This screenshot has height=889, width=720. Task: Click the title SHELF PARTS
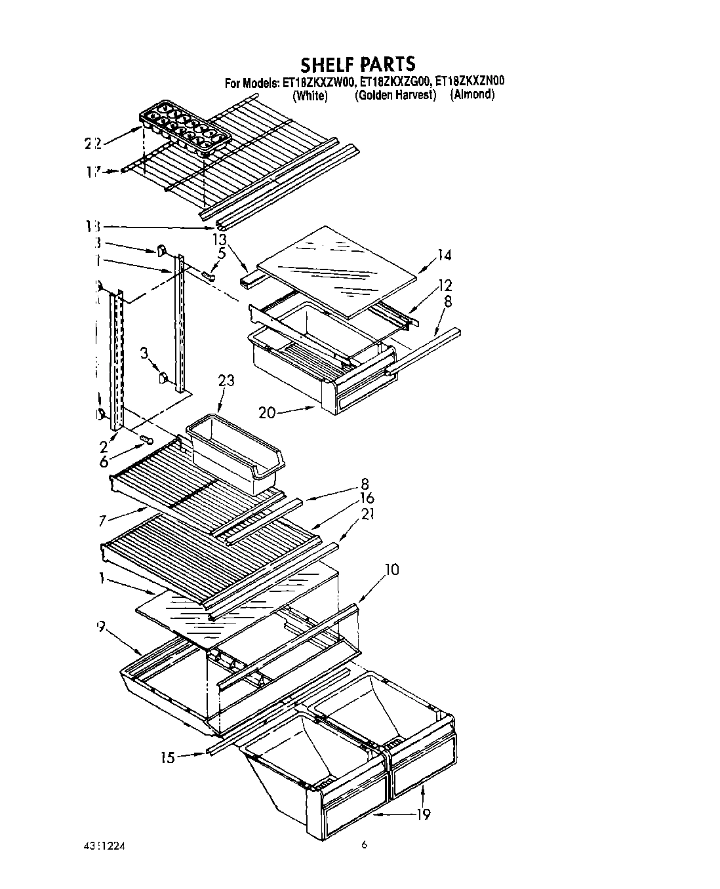point(358,64)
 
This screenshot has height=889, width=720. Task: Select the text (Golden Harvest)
point(395,96)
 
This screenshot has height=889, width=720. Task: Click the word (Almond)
point(472,95)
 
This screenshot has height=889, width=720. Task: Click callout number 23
point(226,380)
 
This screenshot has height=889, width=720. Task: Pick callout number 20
point(267,412)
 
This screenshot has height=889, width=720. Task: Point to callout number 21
point(367,515)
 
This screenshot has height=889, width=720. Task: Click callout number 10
point(391,569)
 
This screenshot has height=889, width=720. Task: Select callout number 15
point(168,758)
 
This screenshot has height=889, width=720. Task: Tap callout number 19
point(423,814)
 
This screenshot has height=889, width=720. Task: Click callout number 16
point(367,500)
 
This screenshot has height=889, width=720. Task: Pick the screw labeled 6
point(147,439)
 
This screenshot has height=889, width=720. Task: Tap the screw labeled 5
point(210,275)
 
